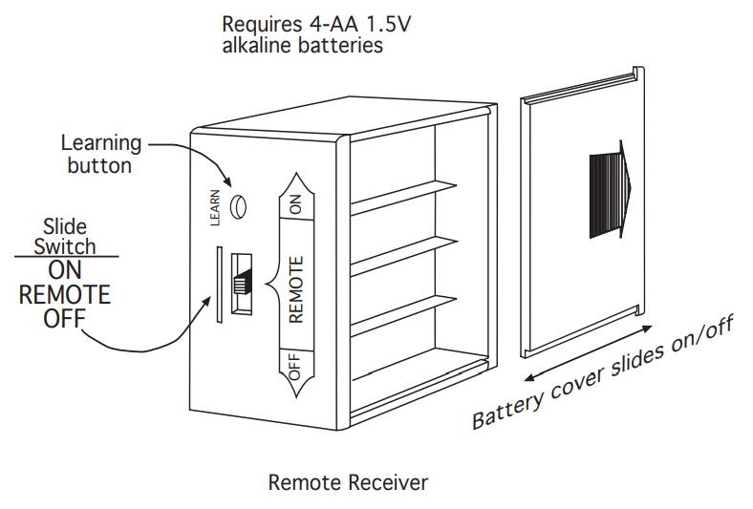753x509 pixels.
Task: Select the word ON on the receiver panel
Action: [294, 203]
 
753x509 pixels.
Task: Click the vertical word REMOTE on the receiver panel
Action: [295, 288]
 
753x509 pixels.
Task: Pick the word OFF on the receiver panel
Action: [294, 368]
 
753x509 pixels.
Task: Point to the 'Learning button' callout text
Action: [100, 154]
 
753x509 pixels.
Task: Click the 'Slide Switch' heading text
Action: [65, 237]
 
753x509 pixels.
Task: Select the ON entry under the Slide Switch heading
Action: [65, 270]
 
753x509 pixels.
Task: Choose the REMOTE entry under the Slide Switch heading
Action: [65, 294]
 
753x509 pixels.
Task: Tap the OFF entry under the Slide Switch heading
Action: [65, 318]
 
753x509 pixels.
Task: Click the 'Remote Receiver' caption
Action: [348, 482]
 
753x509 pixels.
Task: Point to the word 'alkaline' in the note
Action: [256, 45]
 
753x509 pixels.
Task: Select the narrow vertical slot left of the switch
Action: [219, 283]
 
